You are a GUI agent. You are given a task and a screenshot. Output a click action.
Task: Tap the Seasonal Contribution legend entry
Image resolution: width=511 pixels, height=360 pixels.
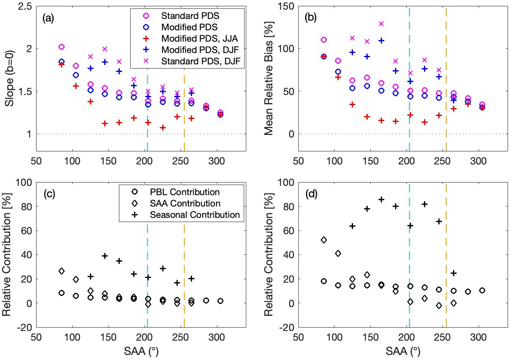194,214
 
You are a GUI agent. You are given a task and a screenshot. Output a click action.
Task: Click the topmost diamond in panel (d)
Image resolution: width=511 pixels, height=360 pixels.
324,240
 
